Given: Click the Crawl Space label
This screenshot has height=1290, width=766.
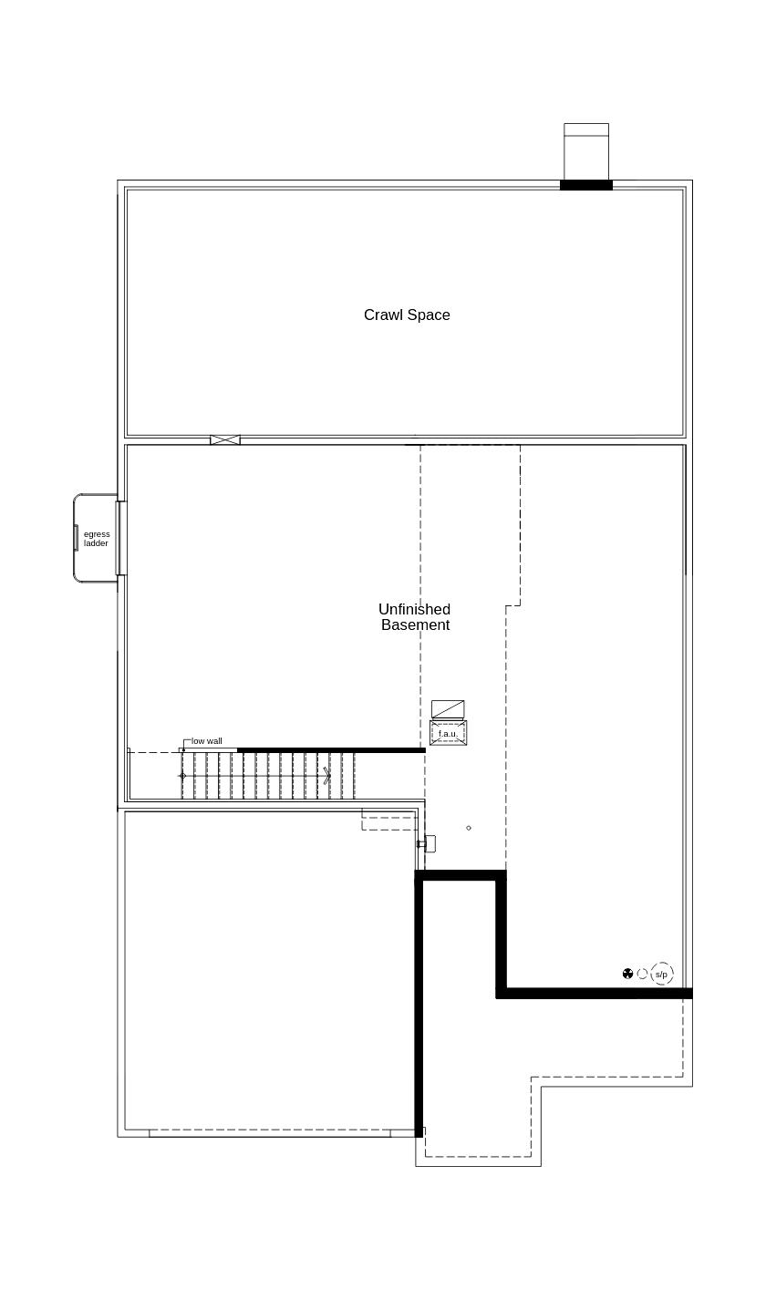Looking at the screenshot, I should coord(407,315).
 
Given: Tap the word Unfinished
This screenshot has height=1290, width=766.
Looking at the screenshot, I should coord(414,609).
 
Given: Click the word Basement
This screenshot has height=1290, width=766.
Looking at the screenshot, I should coord(415,625).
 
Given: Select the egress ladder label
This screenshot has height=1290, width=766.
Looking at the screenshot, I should coord(96,539).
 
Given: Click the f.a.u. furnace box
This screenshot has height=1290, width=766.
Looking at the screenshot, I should coord(448,733).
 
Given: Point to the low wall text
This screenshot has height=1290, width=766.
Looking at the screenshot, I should coord(206,741).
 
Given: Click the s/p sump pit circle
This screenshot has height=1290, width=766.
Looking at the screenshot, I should coord(662,974).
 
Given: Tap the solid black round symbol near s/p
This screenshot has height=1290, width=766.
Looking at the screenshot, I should coord(627,974).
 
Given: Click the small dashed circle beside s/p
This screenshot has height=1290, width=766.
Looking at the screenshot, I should coord(642,974).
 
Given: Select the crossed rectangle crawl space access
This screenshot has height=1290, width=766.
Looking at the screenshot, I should coord(225,440).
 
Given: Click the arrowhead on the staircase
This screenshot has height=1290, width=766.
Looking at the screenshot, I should coord(327,776).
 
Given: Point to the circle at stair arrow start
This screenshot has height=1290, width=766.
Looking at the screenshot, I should coord(182,776).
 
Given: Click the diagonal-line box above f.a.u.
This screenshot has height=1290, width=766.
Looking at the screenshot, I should coord(448,708).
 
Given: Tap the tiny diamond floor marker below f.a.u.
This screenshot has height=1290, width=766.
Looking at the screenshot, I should coord(469,828).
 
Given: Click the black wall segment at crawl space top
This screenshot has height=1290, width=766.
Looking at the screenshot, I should coord(585,185).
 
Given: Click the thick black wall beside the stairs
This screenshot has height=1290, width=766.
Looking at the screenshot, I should coord(330,750).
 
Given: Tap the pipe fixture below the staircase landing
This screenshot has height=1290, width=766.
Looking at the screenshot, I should coord(427,844).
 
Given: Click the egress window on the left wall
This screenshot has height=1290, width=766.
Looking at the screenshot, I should coord(120,538).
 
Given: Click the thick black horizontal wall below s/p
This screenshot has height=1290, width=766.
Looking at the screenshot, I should coord(593,993).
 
